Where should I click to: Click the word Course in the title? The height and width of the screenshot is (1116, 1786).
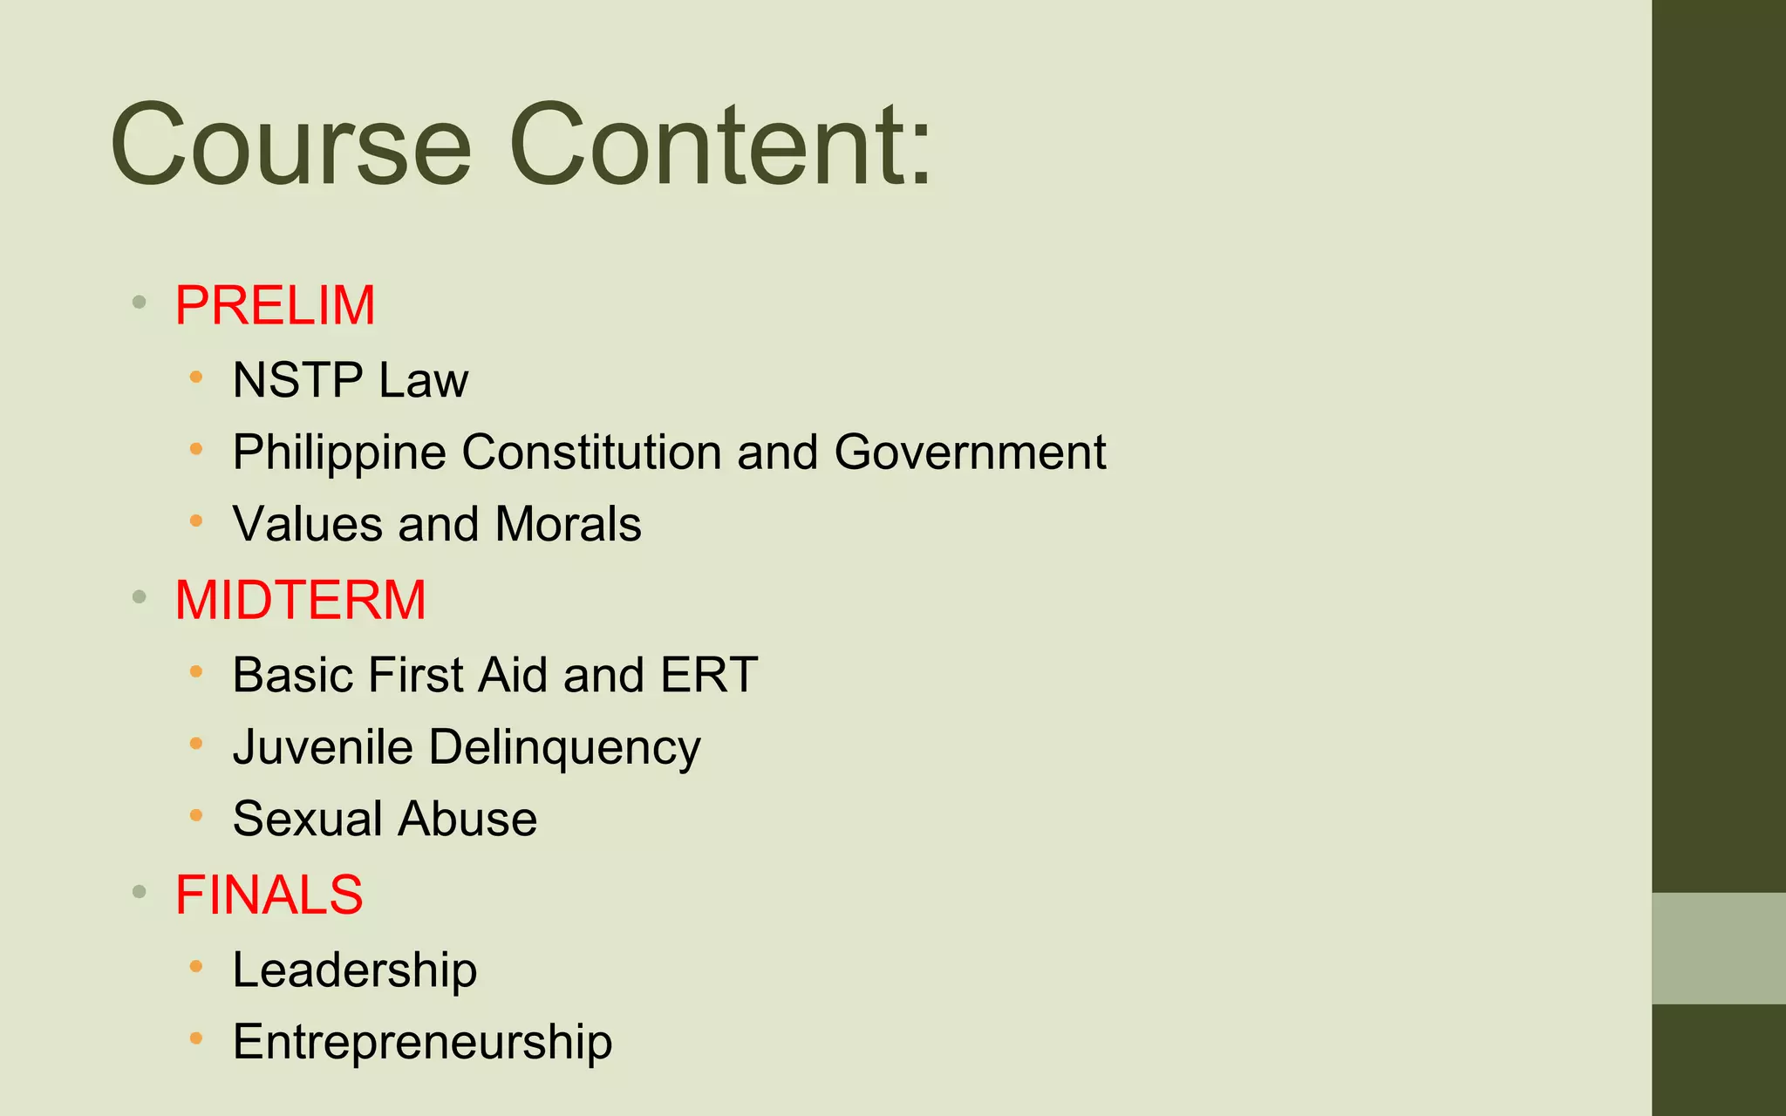click(x=290, y=145)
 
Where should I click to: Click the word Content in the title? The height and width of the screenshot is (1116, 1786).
click(x=708, y=145)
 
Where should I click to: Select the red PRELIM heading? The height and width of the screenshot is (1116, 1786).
click(x=275, y=305)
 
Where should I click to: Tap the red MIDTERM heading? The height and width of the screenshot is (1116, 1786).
click(x=300, y=600)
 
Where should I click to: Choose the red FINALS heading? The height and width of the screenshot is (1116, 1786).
click(x=269, y=895)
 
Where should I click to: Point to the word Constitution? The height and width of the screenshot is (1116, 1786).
click(x=592, y=453)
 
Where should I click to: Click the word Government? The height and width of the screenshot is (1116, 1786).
click(x=970, y=453)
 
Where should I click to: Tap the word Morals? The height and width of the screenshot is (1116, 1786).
click(x=568, y=524)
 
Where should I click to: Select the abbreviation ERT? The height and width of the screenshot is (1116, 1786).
click(x=709, y=675)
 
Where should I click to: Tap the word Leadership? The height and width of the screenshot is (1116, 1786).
click(x=355, y=970)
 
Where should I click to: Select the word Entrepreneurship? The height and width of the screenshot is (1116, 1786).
click(x=422, y=1042)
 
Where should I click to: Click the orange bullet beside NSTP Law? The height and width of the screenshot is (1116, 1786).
click(x=196, y=378)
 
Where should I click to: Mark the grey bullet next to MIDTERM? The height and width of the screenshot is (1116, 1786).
click(x=139, y=597)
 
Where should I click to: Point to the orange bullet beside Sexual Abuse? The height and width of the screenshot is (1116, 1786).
click(x=196, y=816)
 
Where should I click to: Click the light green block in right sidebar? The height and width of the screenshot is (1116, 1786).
click(x=1718, y=948)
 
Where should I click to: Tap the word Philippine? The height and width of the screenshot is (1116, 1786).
click(x=339, y=453)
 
